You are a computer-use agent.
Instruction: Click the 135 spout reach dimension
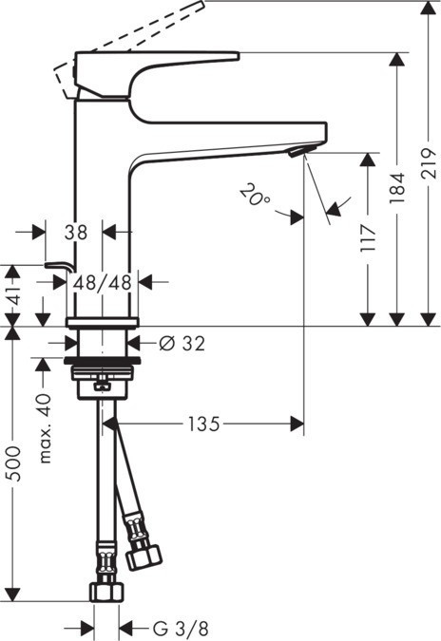point(202,424)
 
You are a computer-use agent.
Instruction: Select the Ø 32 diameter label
point(181,343)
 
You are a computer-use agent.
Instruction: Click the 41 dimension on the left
point(11,282)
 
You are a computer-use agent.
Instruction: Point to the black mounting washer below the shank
point(103,363)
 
